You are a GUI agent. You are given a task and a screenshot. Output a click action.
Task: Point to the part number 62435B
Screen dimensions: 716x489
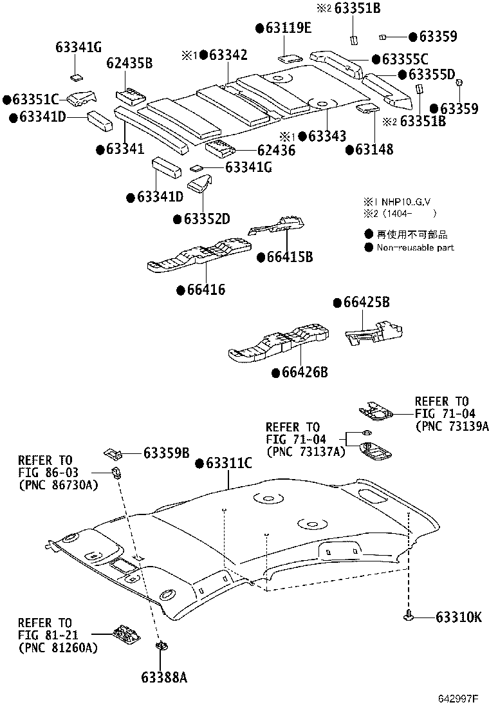(130, 63)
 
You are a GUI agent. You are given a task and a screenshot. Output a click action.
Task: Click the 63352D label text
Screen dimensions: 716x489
(206, 219)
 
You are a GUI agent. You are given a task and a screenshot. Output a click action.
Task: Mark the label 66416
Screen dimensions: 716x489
(206, 290)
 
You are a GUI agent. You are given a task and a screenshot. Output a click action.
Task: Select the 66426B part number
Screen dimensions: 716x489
(305, 373)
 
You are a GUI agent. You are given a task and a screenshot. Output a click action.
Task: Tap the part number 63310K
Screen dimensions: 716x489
(458, 618)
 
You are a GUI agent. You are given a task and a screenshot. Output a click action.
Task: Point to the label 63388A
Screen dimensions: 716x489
(163, 677)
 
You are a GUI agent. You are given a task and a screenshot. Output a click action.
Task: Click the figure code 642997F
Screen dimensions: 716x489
(459, 699)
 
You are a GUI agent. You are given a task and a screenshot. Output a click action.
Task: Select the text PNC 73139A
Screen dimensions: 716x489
(452, 426)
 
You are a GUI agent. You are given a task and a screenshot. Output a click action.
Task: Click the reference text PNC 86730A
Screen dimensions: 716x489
(58, 484)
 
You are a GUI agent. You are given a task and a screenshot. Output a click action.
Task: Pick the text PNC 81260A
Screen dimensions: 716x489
(58, 647)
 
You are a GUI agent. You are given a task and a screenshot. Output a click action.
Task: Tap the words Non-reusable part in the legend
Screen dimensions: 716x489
(415, 247)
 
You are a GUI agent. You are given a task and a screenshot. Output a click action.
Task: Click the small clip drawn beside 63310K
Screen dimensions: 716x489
(409, 617)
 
